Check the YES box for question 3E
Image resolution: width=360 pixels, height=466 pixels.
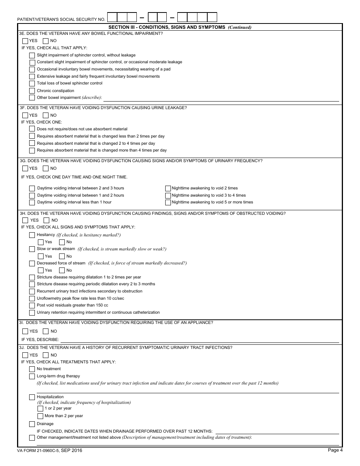click(25, 41)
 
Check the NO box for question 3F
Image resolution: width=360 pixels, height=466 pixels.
click(45, 115)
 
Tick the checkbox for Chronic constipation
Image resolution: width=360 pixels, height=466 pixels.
click(32, 91)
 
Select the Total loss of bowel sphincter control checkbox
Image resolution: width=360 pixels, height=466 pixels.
click(32, 83)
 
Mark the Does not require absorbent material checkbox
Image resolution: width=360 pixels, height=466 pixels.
click(32, 129)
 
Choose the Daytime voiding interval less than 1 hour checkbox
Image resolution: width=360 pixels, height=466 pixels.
click(32, 202)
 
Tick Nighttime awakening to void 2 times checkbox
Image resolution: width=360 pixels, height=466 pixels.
click(168, 188)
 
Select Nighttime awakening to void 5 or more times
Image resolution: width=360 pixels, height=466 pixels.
click(168, 202)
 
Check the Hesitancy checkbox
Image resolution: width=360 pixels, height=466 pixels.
click(32, 235)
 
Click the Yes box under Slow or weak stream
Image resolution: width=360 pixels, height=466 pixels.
click(41, 256)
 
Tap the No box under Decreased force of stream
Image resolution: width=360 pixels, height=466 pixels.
click(62, 271)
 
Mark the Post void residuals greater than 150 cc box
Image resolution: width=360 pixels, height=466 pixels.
click(32, 305)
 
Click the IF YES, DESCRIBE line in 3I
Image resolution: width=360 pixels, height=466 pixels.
click(199, 339)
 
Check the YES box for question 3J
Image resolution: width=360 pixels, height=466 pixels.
click(25, 355)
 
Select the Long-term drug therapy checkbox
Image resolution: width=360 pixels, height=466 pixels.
click(32, 376)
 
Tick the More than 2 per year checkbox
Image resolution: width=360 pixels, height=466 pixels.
click(40, 416)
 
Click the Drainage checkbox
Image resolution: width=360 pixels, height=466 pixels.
click(32, 424)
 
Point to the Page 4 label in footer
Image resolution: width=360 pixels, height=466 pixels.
click(335, 450)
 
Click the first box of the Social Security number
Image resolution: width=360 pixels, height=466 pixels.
click(113, 17)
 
